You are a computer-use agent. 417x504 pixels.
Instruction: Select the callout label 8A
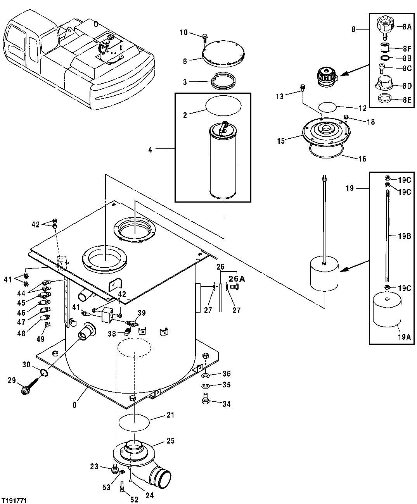[407, 27]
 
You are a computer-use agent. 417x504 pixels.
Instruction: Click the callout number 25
[170, 441]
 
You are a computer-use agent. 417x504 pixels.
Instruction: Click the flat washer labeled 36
[206, 376]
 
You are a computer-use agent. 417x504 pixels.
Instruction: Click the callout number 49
[40, 339]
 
